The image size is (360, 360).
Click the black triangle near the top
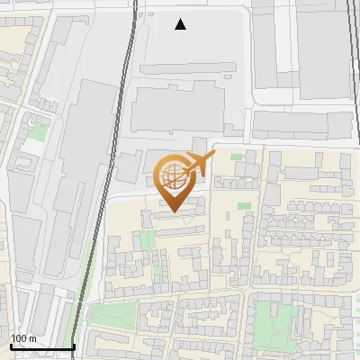(181, 24)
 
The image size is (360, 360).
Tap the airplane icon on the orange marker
(198, 164)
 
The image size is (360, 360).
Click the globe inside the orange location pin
(172, 175)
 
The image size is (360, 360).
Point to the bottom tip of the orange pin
(172, 211)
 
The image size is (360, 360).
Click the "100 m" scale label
(23, 338)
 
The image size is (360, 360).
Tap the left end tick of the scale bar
(10, 345)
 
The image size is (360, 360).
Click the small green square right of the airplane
(237, 157)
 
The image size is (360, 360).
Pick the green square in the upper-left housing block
(36, 132)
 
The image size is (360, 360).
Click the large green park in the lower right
(274, 320)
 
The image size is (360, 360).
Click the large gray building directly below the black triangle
(184, 108)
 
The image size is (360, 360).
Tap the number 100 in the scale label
(19, 338)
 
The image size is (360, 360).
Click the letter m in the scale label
(32, 338)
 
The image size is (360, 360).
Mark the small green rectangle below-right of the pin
(244, 206)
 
